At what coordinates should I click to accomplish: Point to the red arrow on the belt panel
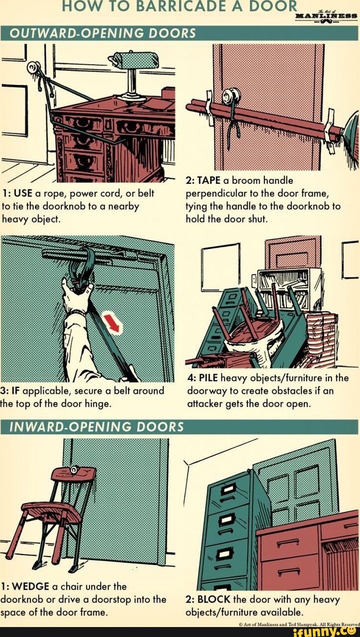pyautogui.click(x=112, y=323)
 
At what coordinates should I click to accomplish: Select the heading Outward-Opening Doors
pyautogui.click(x=103, y=33)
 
